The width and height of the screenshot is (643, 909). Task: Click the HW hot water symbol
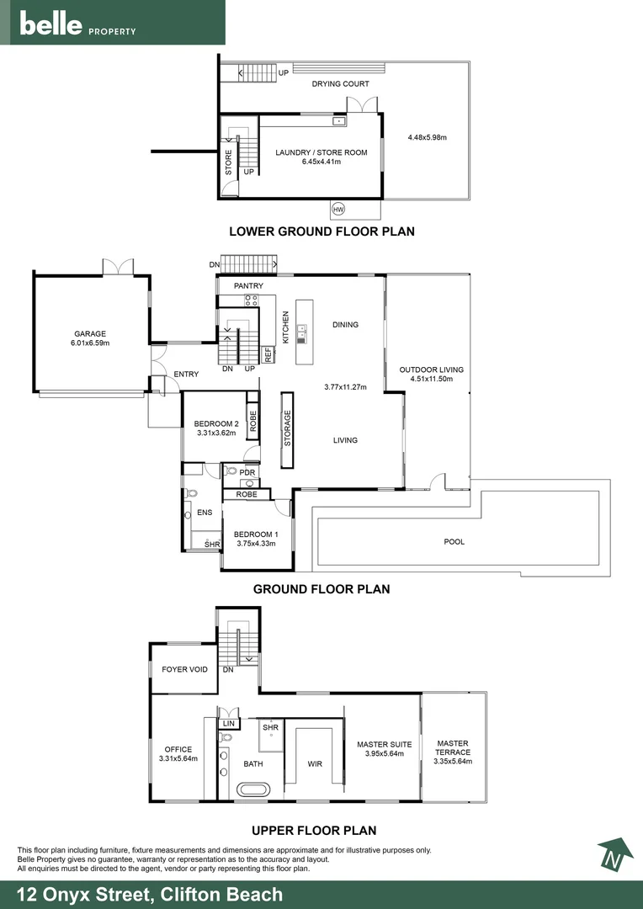[x=338, y=208]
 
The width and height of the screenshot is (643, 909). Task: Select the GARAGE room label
[x=90, y=334]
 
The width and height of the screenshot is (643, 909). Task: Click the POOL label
[x=454, y=542]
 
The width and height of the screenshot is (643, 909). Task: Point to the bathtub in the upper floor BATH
[x=253, y=789]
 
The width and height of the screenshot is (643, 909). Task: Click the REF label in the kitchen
[x=268, y=355]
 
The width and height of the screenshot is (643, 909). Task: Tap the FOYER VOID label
[x=184, y=670]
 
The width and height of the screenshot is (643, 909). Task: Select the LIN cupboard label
[x=228, y=724]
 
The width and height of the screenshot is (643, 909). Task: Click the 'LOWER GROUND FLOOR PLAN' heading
[x=321, y=231]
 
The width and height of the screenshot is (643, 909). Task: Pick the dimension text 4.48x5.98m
[x=428, y=137]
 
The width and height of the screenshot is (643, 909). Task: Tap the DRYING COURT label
[x=340, y=83]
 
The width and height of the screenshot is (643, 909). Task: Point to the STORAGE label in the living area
[x=288, y=428]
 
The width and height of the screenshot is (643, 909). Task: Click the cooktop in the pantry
[x=252, y=300]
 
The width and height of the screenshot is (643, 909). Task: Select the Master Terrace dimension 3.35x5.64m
[x=453, y=761]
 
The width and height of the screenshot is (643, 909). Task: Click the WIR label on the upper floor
[x=315, y=763]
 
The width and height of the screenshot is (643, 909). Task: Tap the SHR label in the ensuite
[x=212, y=545]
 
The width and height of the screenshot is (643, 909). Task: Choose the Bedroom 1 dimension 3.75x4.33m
[x=256, y=543]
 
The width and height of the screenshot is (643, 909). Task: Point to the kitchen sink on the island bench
[x=301, y=332]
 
